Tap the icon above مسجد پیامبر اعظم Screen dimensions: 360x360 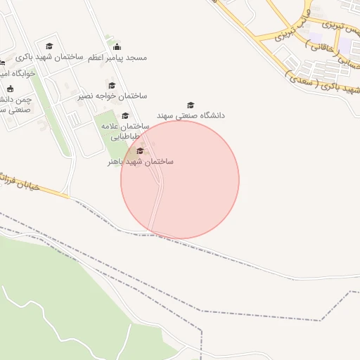pos(117,47)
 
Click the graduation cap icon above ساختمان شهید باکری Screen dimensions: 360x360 pos(49,46)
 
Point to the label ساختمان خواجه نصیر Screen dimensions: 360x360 pos(112,96)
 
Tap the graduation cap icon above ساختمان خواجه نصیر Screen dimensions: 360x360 pos(112,86)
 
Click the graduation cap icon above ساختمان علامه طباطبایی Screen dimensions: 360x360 pos(125,116)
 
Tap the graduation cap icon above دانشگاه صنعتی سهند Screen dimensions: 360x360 pos(191,105)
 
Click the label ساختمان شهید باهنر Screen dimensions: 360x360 pos(140,161)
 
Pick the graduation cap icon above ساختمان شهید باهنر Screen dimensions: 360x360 pos(139,150)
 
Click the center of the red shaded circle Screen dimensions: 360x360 pos(180,179)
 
